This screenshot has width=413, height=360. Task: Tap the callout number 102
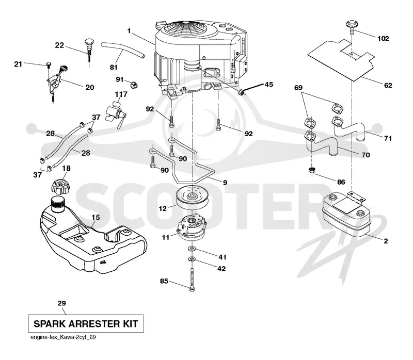pos(383,38)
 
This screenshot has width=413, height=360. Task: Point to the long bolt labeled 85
pos(192,280)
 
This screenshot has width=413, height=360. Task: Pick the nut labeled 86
pos(312,170)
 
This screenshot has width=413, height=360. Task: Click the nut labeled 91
pos(134,85)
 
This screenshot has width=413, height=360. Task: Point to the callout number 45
pos(268,84)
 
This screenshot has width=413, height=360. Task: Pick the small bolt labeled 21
pos(49,65)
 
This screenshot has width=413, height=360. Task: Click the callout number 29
pos(61,303)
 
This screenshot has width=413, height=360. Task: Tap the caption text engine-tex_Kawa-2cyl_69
pos(63,337)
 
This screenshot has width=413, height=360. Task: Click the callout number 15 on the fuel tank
pos(96,217)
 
